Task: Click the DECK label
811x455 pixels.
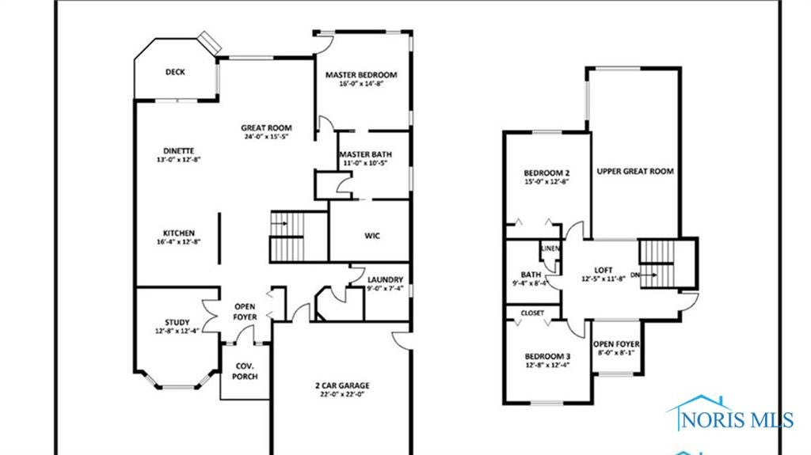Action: click(175, 72)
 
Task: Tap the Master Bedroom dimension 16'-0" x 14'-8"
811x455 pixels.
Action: click(361, 84)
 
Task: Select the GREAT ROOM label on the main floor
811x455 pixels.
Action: click(266, 127)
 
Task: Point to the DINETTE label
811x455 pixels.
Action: click(178, 151)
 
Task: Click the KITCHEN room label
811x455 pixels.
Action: click(179, 233)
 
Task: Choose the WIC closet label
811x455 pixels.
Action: click(372, 236)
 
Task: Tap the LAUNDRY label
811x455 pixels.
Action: click(385, 279)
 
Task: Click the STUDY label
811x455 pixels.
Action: click(177, 322)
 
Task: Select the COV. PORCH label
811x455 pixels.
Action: click(245, 371)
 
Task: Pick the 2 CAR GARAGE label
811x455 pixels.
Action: click(342, 385)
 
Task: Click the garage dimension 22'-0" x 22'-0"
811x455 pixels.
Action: click(342, 395)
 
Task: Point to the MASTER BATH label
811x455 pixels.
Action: click(365, 154)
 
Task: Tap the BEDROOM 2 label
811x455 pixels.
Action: click(546, 173)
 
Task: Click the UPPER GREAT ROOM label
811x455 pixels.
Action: click(635, 171)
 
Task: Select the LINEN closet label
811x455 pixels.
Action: click(551, 248)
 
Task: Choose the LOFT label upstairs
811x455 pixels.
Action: click(603, 270)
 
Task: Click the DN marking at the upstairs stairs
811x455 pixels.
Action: click(635, 275)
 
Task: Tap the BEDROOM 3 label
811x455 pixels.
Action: click(547, 356)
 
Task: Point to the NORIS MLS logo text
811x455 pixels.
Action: click(737, 419)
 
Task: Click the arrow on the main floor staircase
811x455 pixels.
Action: click(279, 223)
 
